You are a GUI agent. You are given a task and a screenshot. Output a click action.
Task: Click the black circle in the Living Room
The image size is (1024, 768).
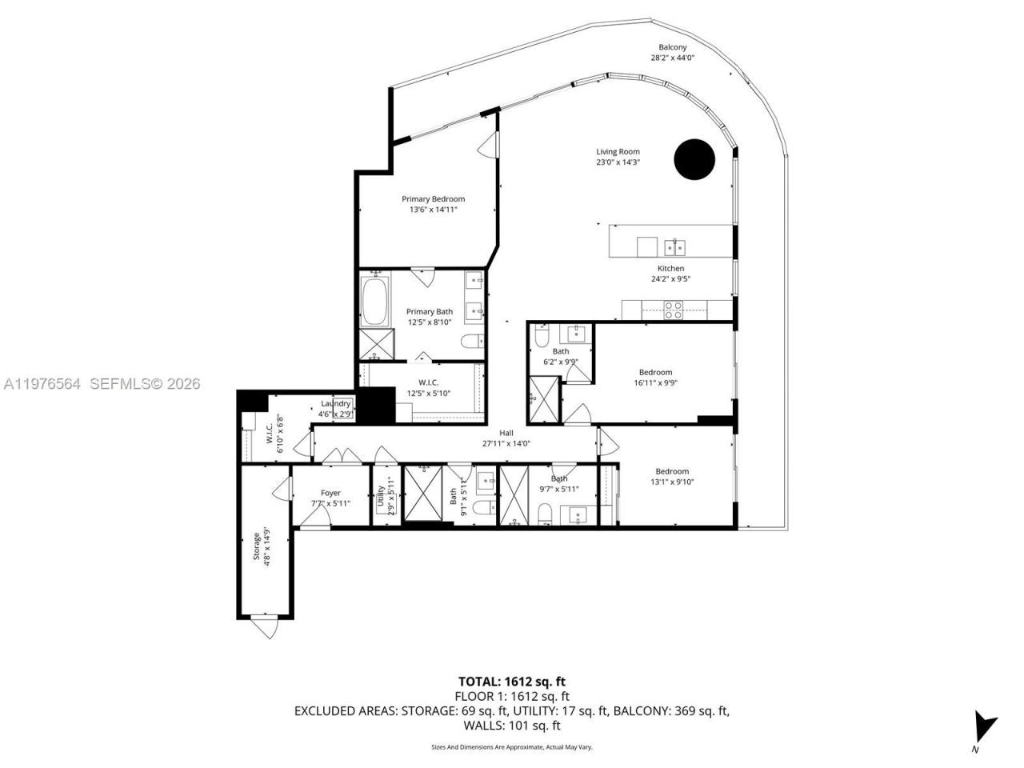point(694,159)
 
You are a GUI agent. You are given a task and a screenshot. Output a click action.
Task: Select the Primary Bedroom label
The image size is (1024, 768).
point(433,199)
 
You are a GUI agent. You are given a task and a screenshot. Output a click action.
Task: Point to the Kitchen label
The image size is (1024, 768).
point(670,269)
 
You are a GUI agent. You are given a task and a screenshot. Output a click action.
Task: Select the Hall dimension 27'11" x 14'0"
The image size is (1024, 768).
point(506,443)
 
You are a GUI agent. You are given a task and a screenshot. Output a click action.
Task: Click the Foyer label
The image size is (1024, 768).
point(330,494)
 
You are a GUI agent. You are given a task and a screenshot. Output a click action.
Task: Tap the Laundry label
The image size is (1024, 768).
point(336,404)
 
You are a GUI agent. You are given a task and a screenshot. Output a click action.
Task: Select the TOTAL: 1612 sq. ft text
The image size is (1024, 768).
point(511,682)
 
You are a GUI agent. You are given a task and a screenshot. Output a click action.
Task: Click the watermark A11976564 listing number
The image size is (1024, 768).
point(43,384)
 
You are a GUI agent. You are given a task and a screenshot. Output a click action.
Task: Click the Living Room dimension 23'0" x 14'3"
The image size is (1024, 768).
point(618,162)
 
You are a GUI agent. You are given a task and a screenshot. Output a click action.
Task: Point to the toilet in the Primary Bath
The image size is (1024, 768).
point(472,342)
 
